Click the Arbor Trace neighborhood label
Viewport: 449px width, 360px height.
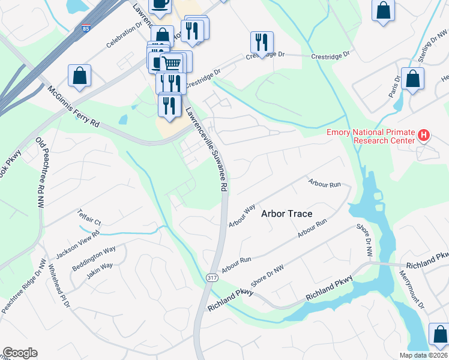coord(287,214)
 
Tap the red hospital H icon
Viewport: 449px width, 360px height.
coord(424,135)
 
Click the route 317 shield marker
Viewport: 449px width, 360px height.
coord(211,277)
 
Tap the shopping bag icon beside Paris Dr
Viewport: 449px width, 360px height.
coord(412,79)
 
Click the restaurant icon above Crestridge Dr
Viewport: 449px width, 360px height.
coord(262,41)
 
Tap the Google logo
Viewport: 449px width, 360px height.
coord(20,352)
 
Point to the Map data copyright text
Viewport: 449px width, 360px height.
coord(423,355)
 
